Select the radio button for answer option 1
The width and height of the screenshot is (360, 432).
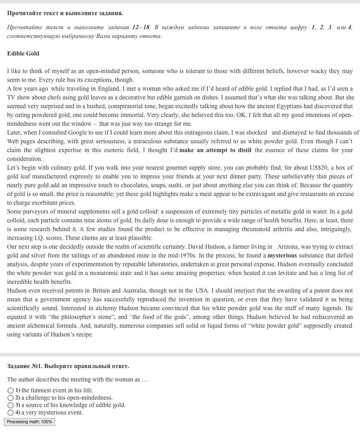pyautogui.click(x=11, y=390)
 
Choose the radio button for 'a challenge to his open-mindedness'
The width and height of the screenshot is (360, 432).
pyautogui.click(x=11, y=398)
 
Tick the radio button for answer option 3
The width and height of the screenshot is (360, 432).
pyautogui.click(x=11, y=405)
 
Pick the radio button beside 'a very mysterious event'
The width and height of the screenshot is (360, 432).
pyautogui.click(x=11, y=413)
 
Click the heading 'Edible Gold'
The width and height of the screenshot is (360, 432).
pyautogui.click(x=23, y=53)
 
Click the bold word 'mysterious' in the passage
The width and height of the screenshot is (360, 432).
pyautogui.click(x=282, y=255)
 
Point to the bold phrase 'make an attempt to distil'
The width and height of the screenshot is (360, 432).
pyautogui.click(x=215, y=150)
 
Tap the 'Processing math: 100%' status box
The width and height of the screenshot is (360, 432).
pyautogui.click(x=30, y=422)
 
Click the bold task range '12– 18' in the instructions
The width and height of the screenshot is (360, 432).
pyautogui.click(x=141, y=27)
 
